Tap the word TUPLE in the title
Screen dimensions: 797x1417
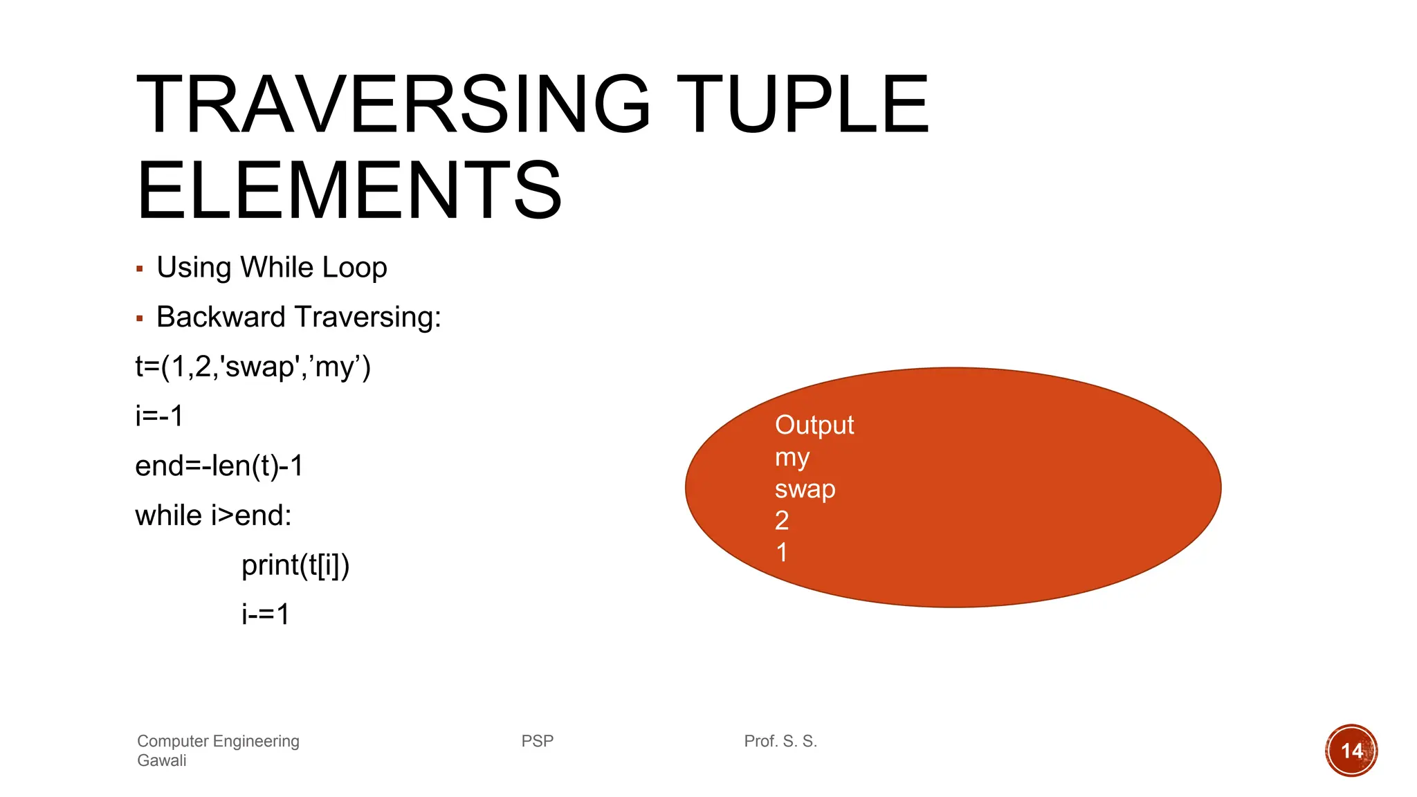click(x=803, y=105)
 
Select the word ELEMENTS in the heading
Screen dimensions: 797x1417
click(x=349, y=191)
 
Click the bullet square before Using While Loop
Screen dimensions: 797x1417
click(x=140, y=268)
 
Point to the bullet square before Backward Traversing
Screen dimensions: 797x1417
click(x=140, y=318)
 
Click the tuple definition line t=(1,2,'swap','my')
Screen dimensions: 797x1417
click(x=253, y=366)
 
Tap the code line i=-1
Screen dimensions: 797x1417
click(x=159, y=416)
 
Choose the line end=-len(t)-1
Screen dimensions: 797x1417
click(x=219, y=466)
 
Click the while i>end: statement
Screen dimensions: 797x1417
click(x=213, y=515)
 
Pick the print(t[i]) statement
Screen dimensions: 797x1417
click(x=295, y=565)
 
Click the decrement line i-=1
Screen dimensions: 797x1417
click(x=265, y=614)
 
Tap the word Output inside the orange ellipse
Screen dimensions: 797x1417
click(x=814, y=425)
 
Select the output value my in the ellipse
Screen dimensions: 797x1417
click(x=792, y=457)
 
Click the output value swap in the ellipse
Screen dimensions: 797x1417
click(x=805, y=489)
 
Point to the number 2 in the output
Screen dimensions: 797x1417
click(x=782, y=520)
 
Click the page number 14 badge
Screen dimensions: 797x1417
click(x=1351, y=751)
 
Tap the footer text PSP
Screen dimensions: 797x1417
click(x=537, y=741)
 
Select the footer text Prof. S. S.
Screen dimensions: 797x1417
click(x=780, y=741)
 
